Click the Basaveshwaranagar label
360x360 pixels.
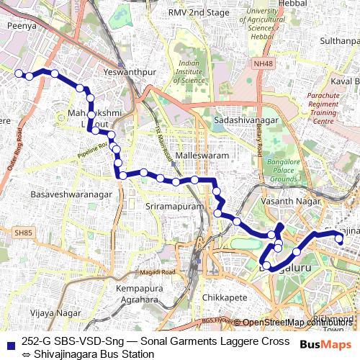(72, 194)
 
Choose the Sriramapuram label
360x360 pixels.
(170, 206)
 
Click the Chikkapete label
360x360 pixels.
(225, 296)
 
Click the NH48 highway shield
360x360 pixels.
(263, 64)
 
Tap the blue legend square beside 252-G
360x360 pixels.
(9, 341)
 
